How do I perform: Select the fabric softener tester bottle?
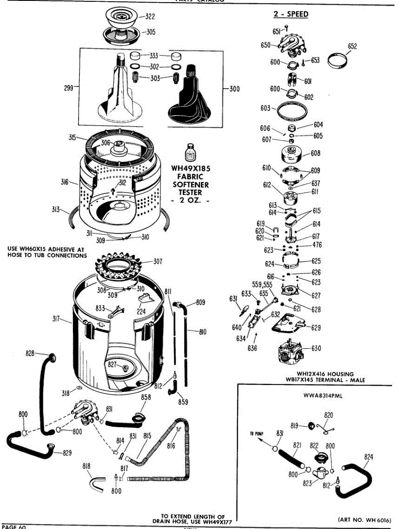coord(190,153)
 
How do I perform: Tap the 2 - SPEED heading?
coord(290,14)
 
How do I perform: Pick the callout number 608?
coord(316,153)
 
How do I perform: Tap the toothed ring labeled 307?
coord(119,266)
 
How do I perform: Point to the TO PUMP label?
coord(256,434)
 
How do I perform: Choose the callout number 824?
coord(369,457)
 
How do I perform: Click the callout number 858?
coord(146,397)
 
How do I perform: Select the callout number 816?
coord(171,446)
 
